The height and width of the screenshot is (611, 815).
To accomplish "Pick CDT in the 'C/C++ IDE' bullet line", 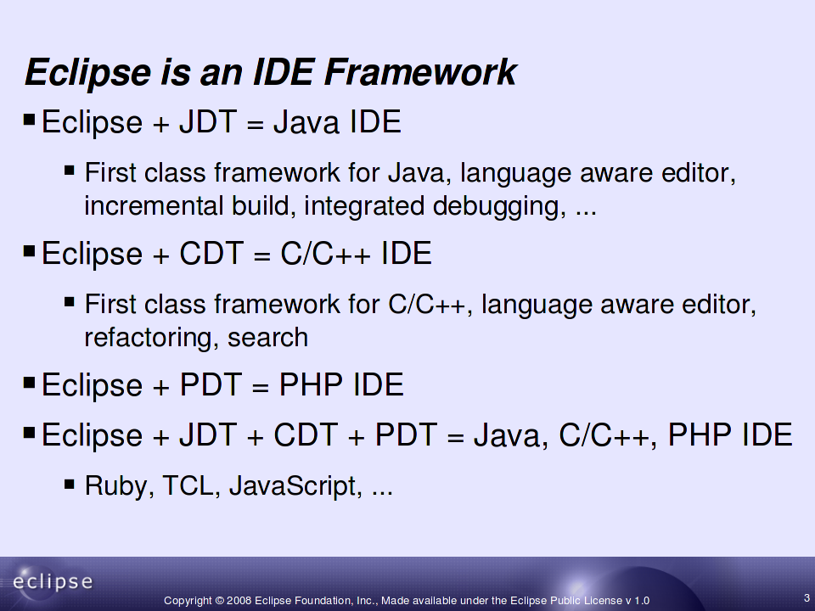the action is [211, 253].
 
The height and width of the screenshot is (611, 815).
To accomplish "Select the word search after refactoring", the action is [267, 338].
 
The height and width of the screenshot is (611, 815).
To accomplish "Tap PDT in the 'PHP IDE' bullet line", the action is [211, 384].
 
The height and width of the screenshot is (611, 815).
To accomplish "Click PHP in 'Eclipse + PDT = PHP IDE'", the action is [311, 384].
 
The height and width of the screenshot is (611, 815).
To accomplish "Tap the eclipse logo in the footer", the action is [53, 581].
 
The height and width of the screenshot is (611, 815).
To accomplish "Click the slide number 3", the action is [807, 598].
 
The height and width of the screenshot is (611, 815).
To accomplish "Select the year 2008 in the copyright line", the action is [239, 601].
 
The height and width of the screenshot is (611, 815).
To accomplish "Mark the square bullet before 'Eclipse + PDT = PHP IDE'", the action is [29, 384].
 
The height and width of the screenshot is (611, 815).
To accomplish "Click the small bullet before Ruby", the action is [70, 485].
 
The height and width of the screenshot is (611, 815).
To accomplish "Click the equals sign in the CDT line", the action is [262, 255].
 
